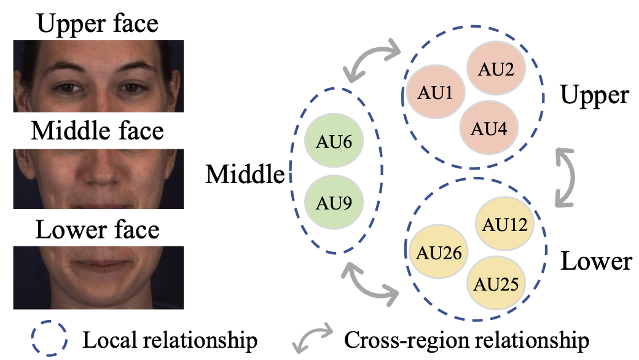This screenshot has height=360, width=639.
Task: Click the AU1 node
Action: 436,94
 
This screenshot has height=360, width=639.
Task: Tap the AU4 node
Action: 489,129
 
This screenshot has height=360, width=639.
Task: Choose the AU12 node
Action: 505,225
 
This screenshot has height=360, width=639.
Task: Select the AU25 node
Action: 496,284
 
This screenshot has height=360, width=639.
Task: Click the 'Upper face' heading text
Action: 98,23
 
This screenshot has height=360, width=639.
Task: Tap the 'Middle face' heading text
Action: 98,131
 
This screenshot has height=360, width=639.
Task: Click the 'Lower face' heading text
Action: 98,230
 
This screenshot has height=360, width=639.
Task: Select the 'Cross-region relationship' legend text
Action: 467,339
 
